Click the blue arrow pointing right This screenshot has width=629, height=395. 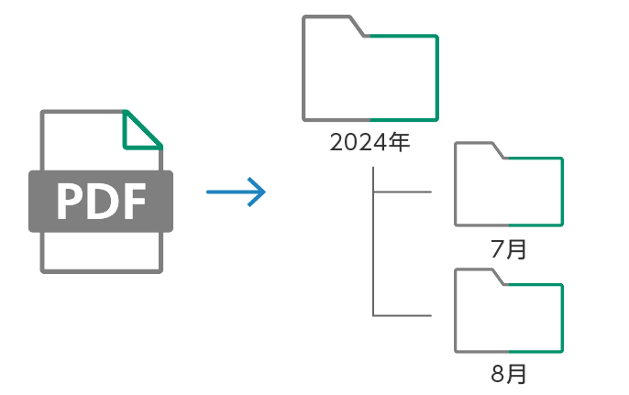(x=236, y=192)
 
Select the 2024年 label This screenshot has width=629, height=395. (x=370, y=143)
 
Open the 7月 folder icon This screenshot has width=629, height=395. (x=509, y=188)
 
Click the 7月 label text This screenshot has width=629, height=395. (x=509, y=248)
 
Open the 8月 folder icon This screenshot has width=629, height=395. (x=509, y=314)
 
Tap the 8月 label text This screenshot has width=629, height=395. (x=509, y=374)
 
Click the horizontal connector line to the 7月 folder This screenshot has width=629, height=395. (x=403, y=192)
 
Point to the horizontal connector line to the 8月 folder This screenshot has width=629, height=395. (x=403, y=316)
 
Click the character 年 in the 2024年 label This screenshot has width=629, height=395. (x=398, y=143)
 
